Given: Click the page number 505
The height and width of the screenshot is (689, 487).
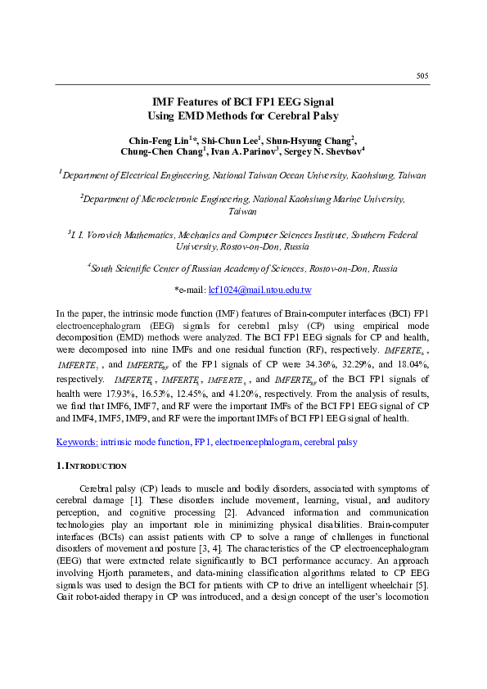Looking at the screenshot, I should point(422,75).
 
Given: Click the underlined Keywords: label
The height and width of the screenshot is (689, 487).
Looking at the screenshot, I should point(77,442).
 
